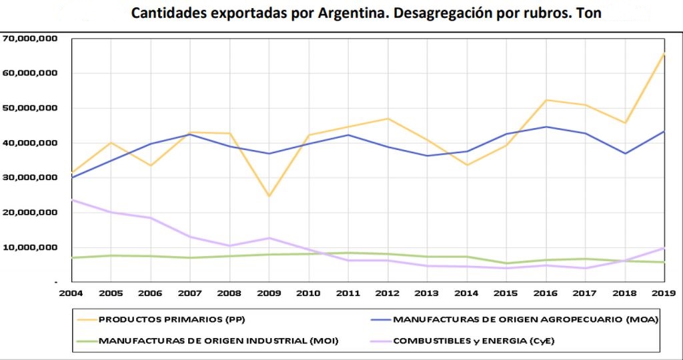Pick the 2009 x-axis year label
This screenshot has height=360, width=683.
pos(268,293)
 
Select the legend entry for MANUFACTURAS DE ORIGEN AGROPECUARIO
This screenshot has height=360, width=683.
pos(526,319)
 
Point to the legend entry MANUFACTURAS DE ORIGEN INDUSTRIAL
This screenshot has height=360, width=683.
pos(219,341)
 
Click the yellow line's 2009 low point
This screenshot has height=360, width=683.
pos(269,196)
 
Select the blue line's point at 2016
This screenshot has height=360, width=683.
pos(545,127)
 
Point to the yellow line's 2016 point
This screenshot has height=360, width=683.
pos(545,100)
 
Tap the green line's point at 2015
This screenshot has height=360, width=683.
pos(506,263)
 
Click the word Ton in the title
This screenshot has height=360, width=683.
pos(590,13)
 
